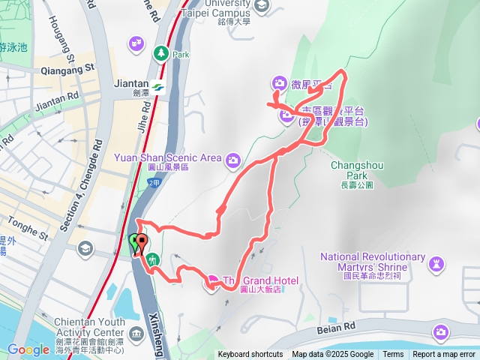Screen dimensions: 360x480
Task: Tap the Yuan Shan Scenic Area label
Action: [167, 158]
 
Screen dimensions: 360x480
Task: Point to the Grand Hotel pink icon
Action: [211, 282]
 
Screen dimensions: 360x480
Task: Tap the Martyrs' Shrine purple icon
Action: [435, 263]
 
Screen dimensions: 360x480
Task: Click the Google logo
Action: [28, 349]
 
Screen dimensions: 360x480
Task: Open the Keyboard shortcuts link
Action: [250, 355]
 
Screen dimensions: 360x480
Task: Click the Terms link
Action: [393, 355]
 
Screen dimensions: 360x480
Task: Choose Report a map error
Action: [444, 355]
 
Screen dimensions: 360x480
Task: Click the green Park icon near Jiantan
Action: [160, 53]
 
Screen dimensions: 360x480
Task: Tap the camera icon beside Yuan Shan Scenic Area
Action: [233, 159]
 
